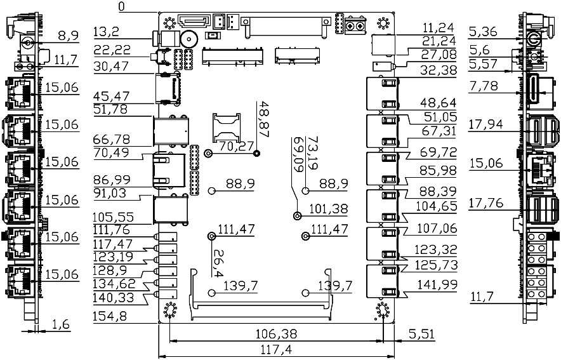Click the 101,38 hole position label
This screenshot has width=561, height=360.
coord(328,208)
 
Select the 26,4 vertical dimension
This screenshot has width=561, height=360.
coord(218,263)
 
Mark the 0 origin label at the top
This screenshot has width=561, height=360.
coord(121,6)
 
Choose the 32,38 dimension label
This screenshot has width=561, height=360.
coord(439,70)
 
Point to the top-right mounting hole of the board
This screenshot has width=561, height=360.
coord(382,23)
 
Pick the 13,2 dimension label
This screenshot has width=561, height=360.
coord(106,31)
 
